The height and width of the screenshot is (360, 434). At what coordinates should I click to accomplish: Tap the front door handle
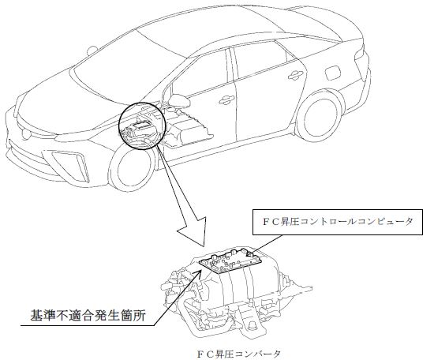tap(226, 100)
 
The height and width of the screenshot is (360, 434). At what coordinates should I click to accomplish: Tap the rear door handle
tap(296, 74)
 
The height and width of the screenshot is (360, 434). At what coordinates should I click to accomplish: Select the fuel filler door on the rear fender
tap(334, 73)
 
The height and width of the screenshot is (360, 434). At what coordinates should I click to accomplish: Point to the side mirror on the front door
tap(180, 101)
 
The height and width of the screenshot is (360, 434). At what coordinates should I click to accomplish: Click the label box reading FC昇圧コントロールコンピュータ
tap(338, 222)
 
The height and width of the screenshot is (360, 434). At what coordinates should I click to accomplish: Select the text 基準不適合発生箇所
tap(88, 316)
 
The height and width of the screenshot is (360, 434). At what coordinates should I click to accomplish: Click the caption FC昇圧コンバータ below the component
tap(239, 354)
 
